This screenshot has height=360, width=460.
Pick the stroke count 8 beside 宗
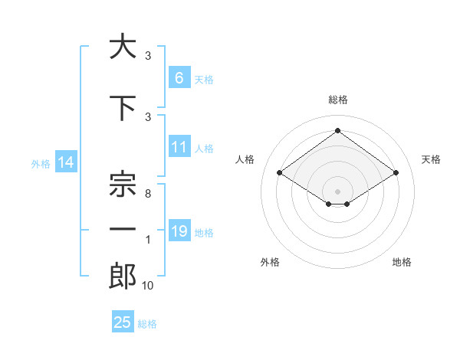tap(148, 194)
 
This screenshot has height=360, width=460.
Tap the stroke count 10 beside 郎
tap(148, 286)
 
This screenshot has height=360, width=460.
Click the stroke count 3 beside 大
tap(148, 56)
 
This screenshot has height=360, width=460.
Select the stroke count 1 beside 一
tap(148, 240)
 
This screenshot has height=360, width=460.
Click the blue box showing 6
tap(179, 77)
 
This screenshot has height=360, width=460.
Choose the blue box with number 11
tap(179, 147)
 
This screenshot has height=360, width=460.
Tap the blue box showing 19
tap(179, 231)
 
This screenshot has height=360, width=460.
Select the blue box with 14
tap(66, 162)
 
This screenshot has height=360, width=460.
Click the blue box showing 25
tap(123, 322)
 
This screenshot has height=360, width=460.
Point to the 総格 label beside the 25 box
tap(147, 324)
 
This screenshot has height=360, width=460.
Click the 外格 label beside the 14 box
tap(41, 163)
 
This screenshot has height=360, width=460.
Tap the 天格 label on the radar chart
tap(431, 159)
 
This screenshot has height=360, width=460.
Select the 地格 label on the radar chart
tap(402, 262)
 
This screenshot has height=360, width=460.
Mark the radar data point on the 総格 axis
tap(337, 131)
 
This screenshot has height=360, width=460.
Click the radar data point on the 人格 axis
tap(280, 173)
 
